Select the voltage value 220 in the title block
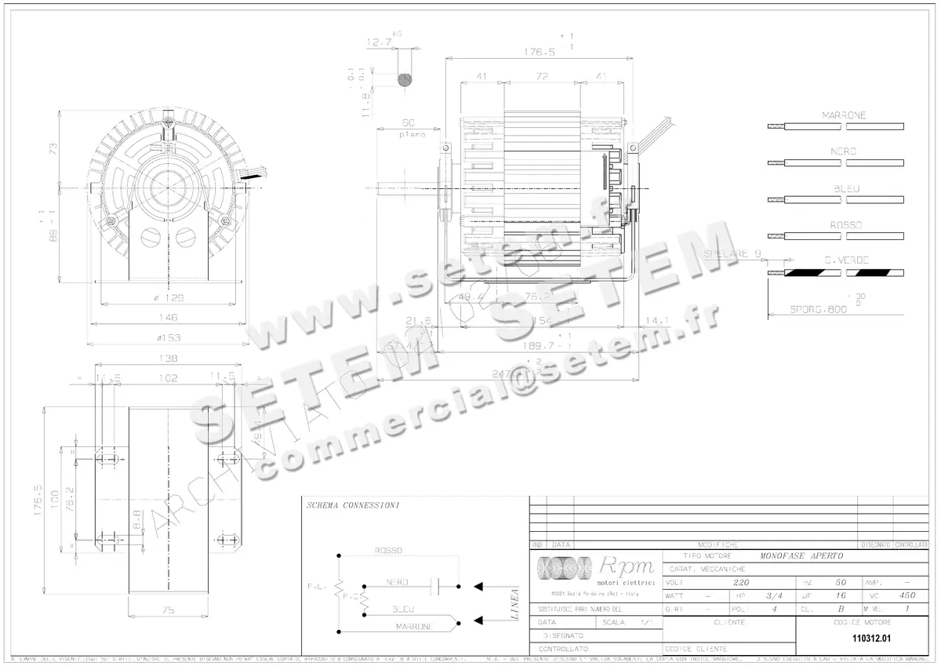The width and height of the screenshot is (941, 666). (740, 583)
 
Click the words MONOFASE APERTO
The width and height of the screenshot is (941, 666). (801, 555)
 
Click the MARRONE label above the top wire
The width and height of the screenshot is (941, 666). (844, 115)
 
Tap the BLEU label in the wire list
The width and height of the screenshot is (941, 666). (847, 189)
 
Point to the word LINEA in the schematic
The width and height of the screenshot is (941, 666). (514, 605)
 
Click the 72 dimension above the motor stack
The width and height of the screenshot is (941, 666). (541, 76)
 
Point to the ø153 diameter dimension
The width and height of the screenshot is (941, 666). (168, 337)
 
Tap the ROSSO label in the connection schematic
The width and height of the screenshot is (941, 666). (389, 551)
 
